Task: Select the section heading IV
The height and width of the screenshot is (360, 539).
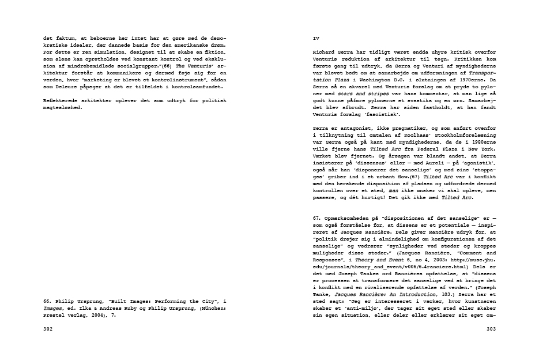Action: pyautogui.click(x=315, y=38)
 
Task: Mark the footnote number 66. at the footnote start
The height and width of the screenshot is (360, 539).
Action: pyautogui.click(x=49, y=301)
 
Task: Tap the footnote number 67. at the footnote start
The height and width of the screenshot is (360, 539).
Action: pyautogui.click(x=318, y=218)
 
